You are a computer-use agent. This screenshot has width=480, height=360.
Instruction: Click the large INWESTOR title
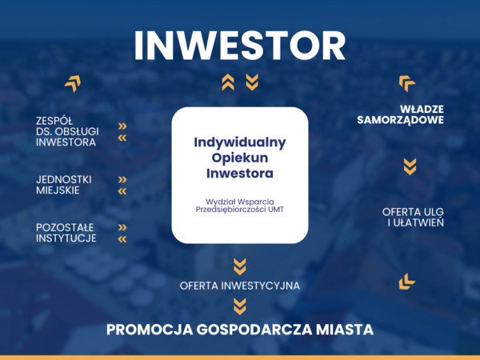(240, 46)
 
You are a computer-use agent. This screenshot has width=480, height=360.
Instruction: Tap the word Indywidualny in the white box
(240, 142)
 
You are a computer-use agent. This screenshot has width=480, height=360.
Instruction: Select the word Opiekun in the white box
(240, 158)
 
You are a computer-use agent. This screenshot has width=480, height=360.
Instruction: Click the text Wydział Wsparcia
(240, 202)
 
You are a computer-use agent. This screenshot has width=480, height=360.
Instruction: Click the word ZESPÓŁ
(54, 121)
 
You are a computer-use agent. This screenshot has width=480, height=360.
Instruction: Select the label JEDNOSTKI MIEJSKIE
(64, 185)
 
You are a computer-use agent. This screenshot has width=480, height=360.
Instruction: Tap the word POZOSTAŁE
(65, 227)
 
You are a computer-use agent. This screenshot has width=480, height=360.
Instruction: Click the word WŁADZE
(422, 110)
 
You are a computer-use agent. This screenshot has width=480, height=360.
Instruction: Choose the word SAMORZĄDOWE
(401, 120)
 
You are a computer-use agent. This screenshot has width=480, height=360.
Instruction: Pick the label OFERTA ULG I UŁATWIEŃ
(413, 217)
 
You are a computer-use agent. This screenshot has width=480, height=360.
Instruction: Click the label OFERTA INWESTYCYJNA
(240, 286)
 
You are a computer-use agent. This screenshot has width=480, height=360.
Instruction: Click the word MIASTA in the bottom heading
(345, 330)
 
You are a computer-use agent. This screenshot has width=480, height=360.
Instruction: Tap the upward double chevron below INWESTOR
(228, 82)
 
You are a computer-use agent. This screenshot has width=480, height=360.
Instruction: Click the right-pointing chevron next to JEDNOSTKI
(122, 180)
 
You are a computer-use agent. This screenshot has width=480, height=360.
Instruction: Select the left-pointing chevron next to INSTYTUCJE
(122, 239)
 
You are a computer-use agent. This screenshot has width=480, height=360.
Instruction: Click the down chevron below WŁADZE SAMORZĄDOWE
(410, 166)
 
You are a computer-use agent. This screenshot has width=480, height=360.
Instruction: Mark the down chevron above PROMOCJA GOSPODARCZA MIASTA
(240, 306)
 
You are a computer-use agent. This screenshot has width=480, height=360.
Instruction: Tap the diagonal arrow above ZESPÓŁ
(73, 83)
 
